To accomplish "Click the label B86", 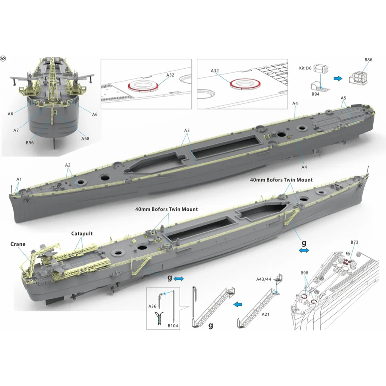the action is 368,60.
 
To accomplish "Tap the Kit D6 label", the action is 305,68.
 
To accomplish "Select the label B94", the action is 315,94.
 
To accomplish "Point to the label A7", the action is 16,130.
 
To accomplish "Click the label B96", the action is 30,143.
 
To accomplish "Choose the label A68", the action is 85,139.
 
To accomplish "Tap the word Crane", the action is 18,244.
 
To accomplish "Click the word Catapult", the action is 82,234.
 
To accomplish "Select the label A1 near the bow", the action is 19,179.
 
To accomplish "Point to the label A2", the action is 68,165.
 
